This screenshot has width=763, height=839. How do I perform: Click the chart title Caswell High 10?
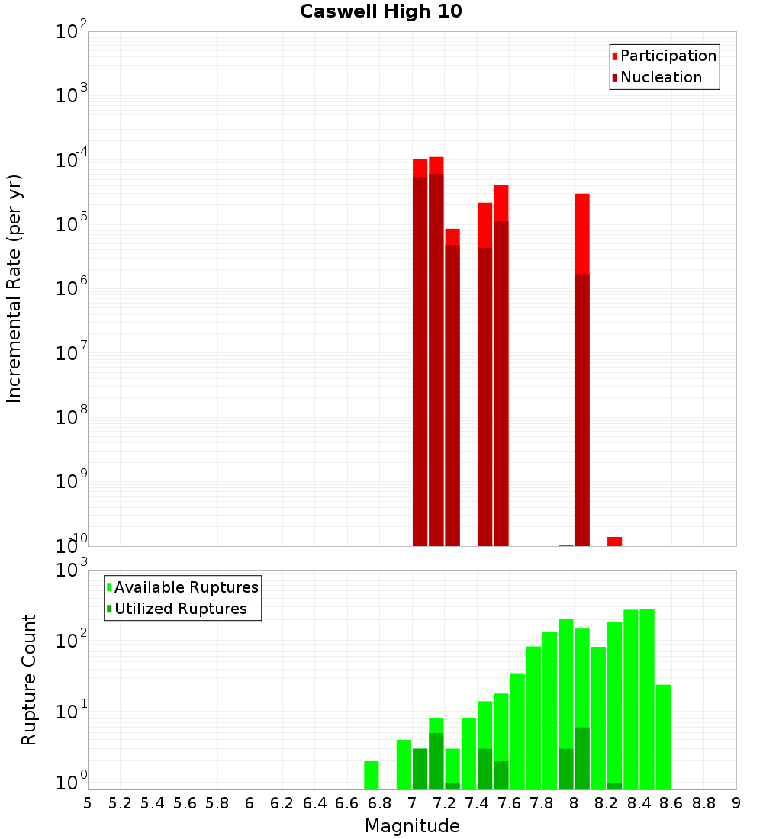pos(381,11)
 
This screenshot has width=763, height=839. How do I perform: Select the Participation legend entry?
pos(668,56)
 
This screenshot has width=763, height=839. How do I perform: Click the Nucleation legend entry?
pos(661,77)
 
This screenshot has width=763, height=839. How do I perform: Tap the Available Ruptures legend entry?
pos(186,587)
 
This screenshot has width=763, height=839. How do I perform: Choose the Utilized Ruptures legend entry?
pos(180,609)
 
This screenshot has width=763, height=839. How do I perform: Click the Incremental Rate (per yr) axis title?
pos(14,288)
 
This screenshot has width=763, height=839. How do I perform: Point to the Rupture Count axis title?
pos(29,680)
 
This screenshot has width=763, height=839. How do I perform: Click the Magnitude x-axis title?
pos(412,826)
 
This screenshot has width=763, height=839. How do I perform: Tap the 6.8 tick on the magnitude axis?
pos(379,803)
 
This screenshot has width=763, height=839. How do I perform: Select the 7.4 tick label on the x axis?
pos(477,803)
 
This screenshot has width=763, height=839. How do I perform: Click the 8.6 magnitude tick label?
pos(671,803)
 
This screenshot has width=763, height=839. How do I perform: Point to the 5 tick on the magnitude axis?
pos(88,803)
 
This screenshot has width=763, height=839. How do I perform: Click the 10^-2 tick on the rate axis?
pos(72,32)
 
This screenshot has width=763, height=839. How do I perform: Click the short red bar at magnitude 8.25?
pos(614,542)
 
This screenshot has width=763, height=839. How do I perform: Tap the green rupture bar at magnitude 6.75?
pos(372,775)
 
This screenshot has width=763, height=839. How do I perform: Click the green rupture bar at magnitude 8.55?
pos(663,737)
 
